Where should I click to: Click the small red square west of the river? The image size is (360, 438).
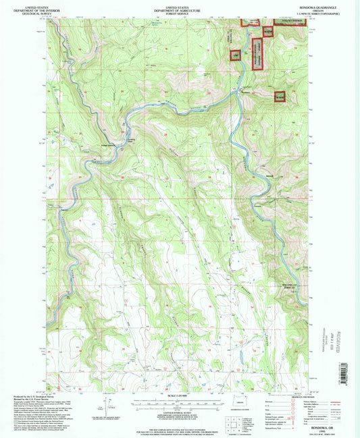coord(236,55)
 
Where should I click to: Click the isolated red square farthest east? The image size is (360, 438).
coord(280,97)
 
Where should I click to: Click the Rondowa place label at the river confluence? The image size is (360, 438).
coord(247,92)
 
